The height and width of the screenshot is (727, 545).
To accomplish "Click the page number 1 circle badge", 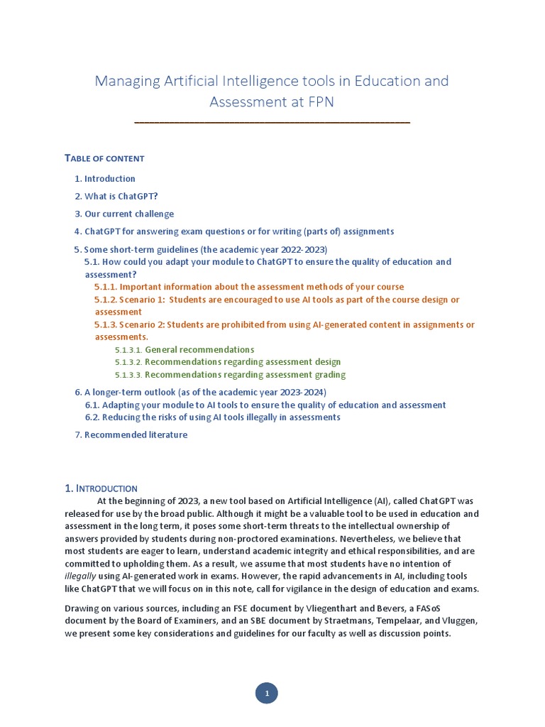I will click(x=267, y=693).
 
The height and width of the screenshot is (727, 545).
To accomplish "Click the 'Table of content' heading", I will click(x=104, y=158).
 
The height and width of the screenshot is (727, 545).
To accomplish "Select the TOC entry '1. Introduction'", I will click(x=105, y=179).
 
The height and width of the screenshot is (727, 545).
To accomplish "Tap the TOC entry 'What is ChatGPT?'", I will click(x=116, y=197).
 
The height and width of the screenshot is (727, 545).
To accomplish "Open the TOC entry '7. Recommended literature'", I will click(x=131, y=435).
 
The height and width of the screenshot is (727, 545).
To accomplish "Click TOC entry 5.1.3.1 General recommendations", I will click(x=185, y=350).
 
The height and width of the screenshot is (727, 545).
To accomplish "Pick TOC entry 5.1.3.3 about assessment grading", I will click(x=231, y=375).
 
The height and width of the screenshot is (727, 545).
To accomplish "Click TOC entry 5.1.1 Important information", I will click(x=249, y=287).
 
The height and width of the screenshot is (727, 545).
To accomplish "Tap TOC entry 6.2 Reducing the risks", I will click(x=213, y=417).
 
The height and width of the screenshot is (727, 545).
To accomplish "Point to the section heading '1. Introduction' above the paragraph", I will click(x=101, y=488).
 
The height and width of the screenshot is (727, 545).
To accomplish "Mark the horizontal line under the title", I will click(x=272, y=124).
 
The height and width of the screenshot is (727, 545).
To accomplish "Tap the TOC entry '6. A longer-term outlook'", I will click(x=201, y=393).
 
